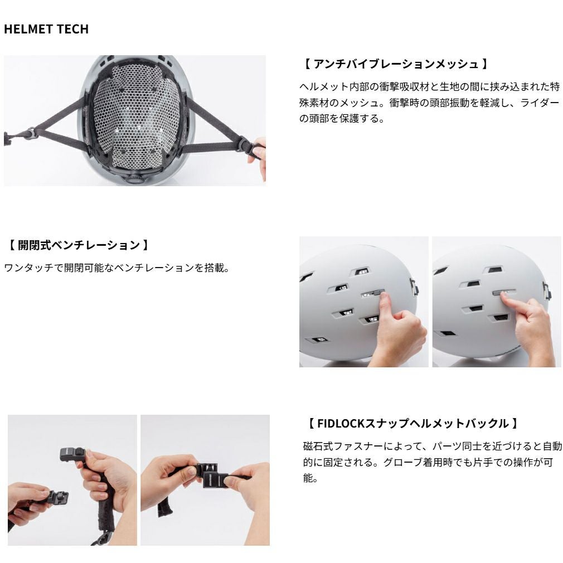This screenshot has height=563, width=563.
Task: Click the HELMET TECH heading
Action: coord(46,29)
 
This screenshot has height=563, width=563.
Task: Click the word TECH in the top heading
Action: coord(72,29)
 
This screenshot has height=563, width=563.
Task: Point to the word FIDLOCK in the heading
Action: coord(341,424)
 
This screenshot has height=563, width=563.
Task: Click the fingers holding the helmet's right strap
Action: coord(259,158)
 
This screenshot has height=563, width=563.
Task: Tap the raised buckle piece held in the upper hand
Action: coord(72,454)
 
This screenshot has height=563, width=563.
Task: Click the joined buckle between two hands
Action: coord(212,475)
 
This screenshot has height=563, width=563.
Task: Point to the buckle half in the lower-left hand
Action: coord(57,499)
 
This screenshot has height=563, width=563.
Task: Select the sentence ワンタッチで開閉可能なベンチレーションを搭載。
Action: coord(117,268)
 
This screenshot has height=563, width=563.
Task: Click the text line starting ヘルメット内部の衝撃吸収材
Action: coord(429,87)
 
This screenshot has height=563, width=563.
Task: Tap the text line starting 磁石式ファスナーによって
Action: coord(433,446)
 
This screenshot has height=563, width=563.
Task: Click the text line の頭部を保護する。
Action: coord(342,119)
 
